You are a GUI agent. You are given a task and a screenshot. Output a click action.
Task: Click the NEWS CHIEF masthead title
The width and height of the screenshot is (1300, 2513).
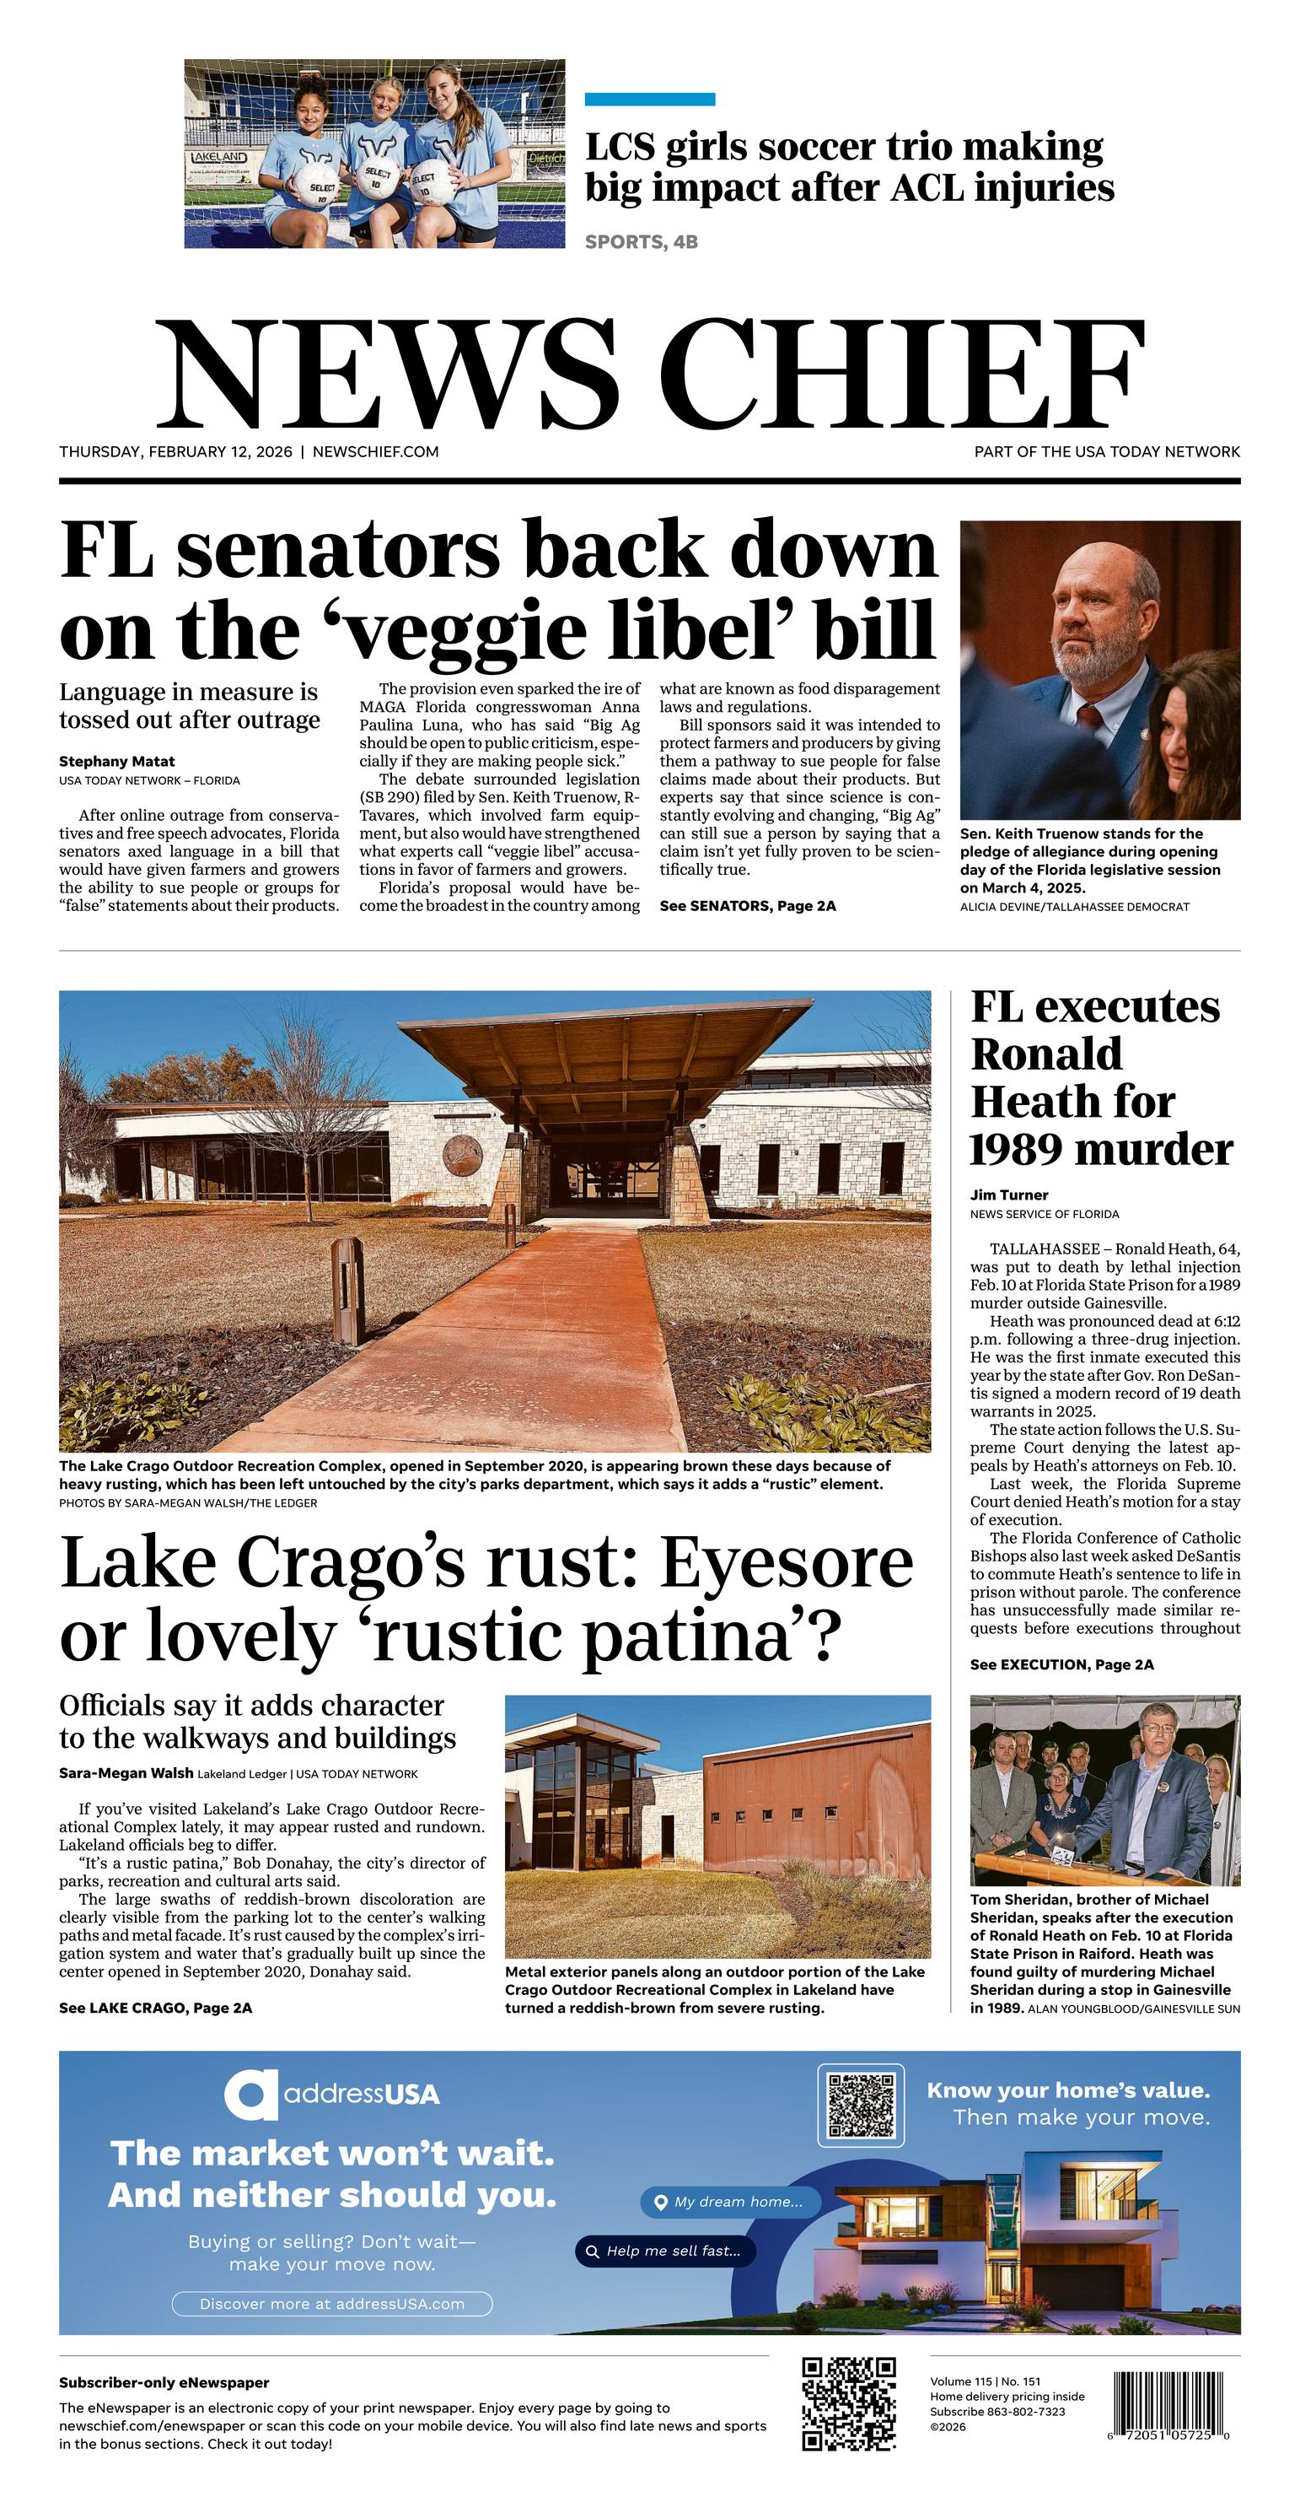coord(649,375)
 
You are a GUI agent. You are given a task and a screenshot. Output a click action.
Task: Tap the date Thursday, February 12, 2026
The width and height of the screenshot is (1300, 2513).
coord(175,451)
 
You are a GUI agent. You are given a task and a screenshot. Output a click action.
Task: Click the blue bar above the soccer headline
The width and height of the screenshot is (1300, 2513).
coord(649,100)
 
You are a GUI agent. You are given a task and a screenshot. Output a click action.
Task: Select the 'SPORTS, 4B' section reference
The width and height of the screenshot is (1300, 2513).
coord(641,242)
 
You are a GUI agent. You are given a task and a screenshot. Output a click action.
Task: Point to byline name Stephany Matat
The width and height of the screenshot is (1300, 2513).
coord(117,761)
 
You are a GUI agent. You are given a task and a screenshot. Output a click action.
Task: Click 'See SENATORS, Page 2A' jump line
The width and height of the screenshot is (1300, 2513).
coord(747,905)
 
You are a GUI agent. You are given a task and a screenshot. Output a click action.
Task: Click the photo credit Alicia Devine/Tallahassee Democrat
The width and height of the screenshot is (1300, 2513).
coord(1074,906)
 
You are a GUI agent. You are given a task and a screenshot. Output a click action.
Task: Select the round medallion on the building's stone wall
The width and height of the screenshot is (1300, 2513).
coord(462,1154)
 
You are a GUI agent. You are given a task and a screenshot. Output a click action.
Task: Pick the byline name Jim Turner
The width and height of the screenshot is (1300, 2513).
coord(1008,1195)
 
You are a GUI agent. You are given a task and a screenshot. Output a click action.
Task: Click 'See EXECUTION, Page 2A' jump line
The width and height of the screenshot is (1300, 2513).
coord(1061,1664)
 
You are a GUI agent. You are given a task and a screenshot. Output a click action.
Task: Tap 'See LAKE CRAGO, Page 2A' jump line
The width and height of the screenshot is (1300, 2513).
coord(155,2008)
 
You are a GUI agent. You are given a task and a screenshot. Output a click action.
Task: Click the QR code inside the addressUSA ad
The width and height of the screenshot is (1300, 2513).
coord(860,2106)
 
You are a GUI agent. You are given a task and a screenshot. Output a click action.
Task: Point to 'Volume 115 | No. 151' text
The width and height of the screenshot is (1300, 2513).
coord(984,2381)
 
